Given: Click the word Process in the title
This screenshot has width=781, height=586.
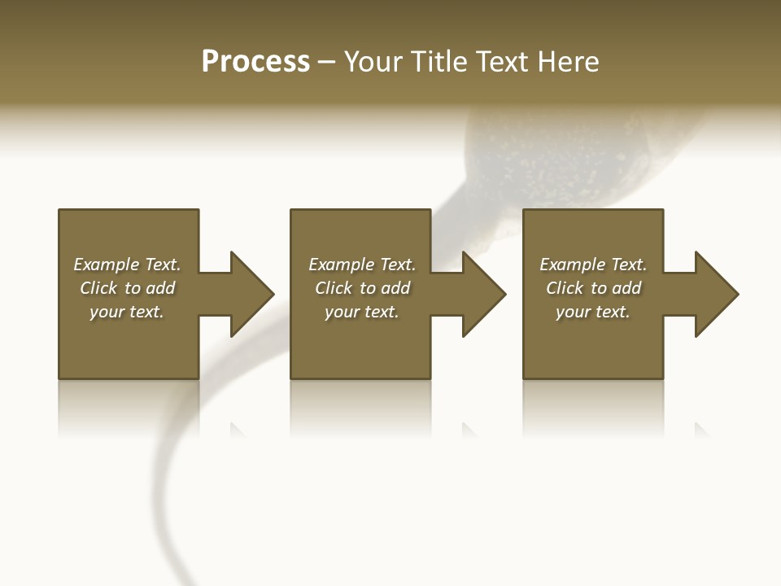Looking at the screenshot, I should tap(255, 62).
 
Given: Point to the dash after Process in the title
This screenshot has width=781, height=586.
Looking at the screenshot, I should tap(326, 63).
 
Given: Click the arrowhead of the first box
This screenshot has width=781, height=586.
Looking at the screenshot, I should tap(251, 294).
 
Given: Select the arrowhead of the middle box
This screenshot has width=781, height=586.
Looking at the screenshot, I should tap(483, 294).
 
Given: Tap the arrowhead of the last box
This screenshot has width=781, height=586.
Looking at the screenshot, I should tap(716, 294).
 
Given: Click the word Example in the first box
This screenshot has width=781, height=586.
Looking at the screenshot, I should tap(107, 265).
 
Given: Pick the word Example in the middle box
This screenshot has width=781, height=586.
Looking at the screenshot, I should tap(342, 265).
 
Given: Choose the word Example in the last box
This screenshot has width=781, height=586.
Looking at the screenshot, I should tap(573, 265).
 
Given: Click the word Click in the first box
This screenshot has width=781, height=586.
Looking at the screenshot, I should tap(98, 288).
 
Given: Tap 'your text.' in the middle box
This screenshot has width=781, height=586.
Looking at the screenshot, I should tap(361, 312).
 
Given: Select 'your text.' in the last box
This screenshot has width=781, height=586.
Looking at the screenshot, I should tap(592, 312).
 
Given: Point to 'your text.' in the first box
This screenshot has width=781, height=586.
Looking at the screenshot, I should tap(127, 312).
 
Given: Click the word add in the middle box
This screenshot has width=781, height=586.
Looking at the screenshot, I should tap(395, 288).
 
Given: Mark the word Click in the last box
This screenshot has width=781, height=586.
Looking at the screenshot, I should tap(565, 288).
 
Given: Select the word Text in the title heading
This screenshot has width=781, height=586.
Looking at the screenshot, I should tap(500, 62).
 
